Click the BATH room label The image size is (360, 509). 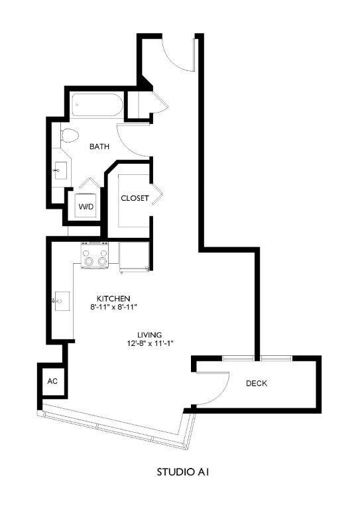click(x=99, y=147)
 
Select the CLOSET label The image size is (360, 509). click(x=135, y=198)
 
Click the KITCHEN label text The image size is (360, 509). click(x=113, y=298)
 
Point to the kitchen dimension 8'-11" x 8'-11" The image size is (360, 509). click(x=113, y=307)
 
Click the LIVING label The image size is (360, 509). click(x=150, y=334)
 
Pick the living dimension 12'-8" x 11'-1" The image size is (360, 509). click(x=150, y=343)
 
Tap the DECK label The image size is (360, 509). click(x=257, y=384)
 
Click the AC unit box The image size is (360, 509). click(x=52, y=382)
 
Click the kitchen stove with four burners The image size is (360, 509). click(x=95, y=255)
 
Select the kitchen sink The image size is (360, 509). click(x=60, y=302)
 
